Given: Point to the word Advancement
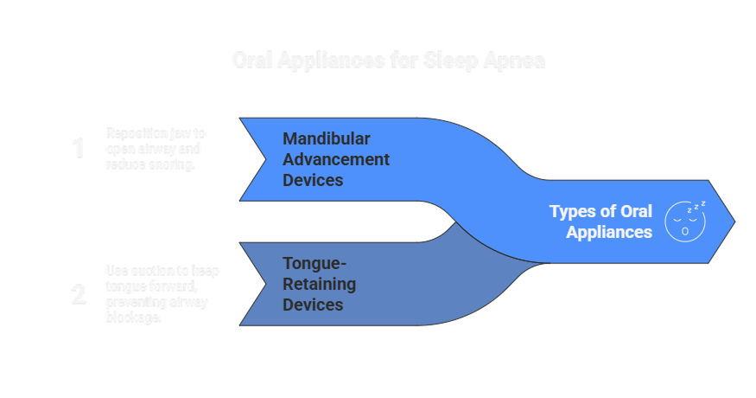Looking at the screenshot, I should [x=336, y=160].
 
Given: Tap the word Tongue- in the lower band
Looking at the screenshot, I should [x=315, y=264].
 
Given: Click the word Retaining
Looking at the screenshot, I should [x=319, y=284].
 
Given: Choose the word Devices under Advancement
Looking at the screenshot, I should [x=314, y=180].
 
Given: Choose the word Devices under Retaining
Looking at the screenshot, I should [x=314, y=305].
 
